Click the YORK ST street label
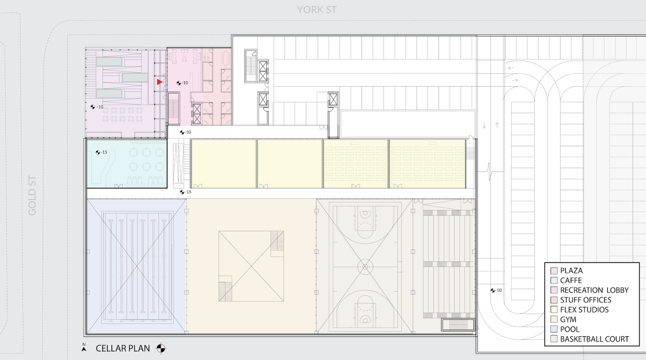point(317,10)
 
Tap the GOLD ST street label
point(32,196)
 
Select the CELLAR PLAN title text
point(123,348)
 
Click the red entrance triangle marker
point(160,82)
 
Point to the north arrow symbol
point(84,347)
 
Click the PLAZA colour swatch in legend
point(554,271)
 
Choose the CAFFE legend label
point(571,281)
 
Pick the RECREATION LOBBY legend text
point(594,290)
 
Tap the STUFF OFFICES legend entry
point(586,300)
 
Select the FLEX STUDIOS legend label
point(584,310)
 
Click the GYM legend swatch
point(554,319)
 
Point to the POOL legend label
point(570,329)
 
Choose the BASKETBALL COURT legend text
point(594,339)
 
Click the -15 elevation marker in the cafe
point(101,152)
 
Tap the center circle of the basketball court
point(365,267)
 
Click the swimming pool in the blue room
point(137,267)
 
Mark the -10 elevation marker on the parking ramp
point(496,290)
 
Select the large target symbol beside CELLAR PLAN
point(161,348)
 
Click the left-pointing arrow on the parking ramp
point(511,68)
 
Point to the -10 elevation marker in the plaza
point(96,107)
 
